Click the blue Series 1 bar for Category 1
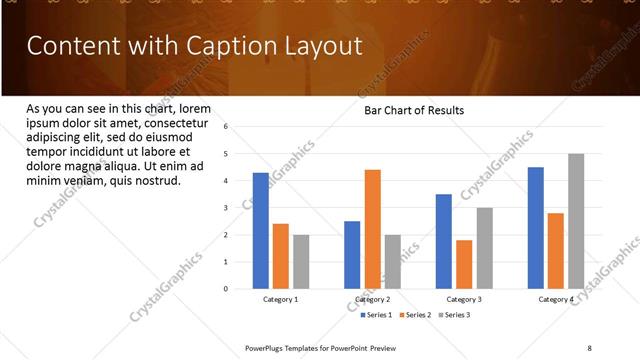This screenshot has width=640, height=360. tap(261, 231)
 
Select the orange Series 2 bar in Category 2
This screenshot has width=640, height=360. tap(372, 229)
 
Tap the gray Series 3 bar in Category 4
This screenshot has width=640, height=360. tap(576, 221)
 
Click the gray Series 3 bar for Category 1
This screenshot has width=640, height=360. tap(301, 262)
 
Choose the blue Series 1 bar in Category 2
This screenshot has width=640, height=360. tap(352, 255)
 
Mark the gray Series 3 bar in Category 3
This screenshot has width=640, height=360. tap(484, 248)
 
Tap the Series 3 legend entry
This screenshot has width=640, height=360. tap(456, 315)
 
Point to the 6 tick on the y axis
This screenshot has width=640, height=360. tap(227, 127)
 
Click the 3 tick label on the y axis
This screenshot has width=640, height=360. tap(227, 208)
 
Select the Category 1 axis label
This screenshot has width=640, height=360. tap(281, 299)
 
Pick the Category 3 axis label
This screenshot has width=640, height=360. tap(464, 299)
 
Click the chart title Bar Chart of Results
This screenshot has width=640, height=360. tap(413, 110)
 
